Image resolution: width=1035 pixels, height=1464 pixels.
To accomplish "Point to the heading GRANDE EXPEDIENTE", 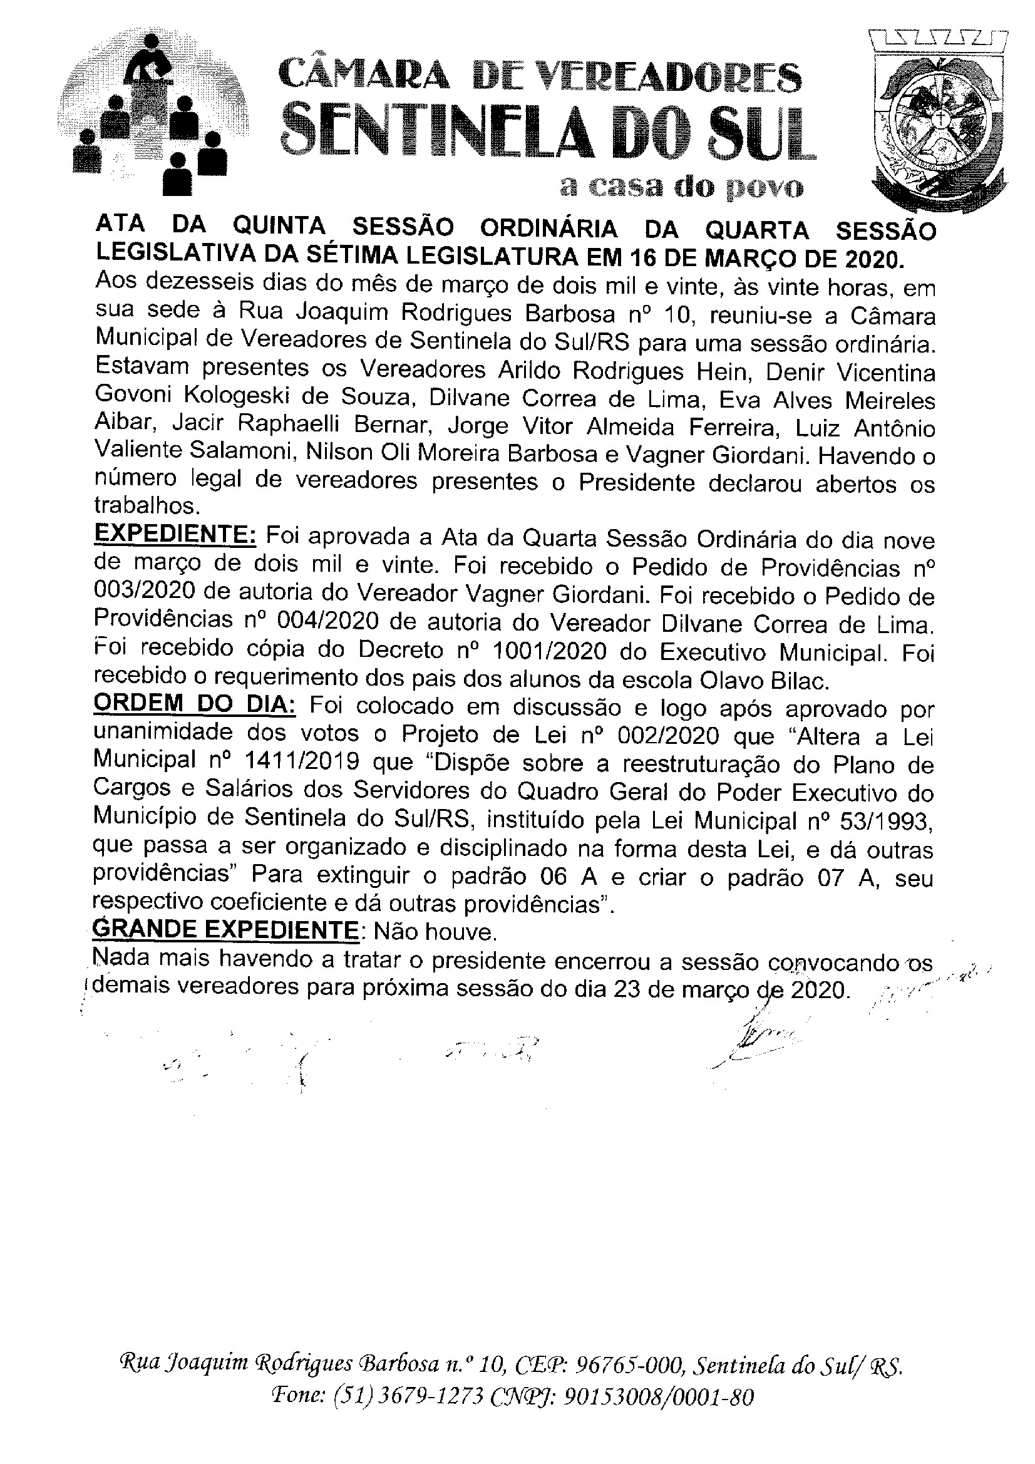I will tap(226, 932).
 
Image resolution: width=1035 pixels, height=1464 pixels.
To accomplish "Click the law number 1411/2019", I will tap(294, 763).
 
